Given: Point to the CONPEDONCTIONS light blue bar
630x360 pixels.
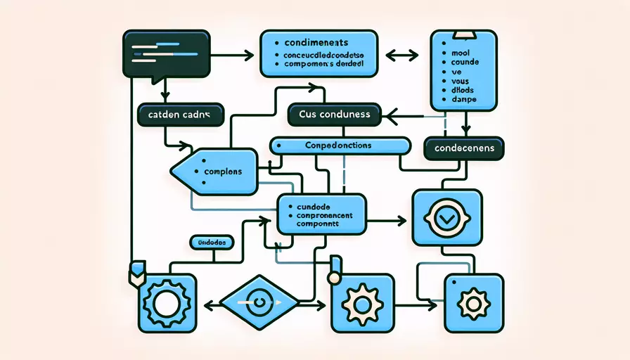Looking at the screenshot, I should (x=340, y=145).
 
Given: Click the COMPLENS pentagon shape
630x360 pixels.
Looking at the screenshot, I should (x=214, y=171).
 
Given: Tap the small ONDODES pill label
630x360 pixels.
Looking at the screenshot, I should (x=212, y=242).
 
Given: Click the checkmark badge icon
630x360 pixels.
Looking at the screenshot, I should (x=446, y=219).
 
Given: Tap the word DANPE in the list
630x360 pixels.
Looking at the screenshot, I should (x=462, y=100).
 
